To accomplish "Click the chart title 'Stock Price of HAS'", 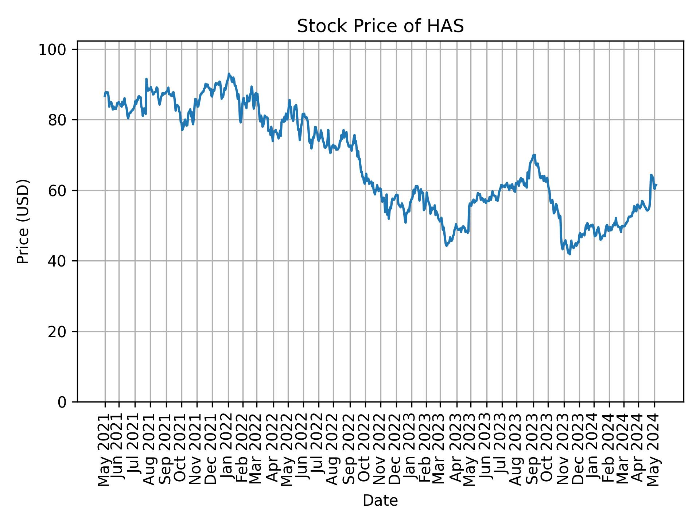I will (380, 27).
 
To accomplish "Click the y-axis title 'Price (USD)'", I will (23, 221).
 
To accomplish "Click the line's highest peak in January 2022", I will (229, 74).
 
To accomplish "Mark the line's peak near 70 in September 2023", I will (534, 155).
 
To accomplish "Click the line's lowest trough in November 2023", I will (569, 254).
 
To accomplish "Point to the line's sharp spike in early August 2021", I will (146, 79).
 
